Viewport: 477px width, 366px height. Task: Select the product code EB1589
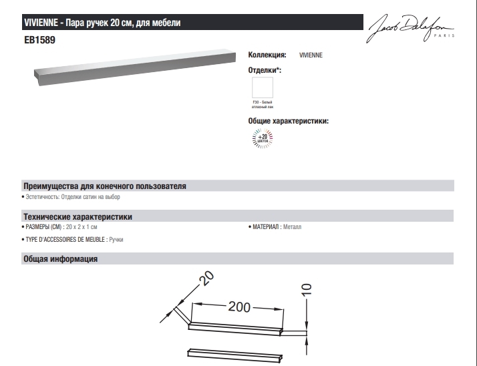point(39,40)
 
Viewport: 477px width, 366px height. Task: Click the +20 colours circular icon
point(262,139)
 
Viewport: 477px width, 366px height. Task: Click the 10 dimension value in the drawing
point(307,291)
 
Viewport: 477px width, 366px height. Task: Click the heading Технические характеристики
point(77,217)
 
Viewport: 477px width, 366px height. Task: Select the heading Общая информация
point(61,258)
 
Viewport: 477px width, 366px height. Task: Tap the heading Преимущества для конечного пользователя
point(104,185)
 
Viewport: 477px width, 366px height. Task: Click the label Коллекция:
point(267,56)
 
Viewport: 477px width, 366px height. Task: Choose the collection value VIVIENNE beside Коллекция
point(311,56)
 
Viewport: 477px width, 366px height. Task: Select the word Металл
point(293,227)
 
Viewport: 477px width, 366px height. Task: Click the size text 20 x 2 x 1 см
point(88,227)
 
